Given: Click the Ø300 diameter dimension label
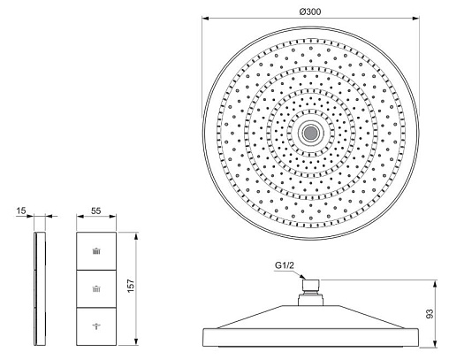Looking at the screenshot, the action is [x=310, y=12].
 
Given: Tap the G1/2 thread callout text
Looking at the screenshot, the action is [x=285, y=265].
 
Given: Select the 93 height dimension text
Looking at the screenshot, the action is [x=430, y=313].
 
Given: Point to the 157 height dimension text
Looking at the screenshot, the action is [x=131, y=286].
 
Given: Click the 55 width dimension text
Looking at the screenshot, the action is [x=95, y=211].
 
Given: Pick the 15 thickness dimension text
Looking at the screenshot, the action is [x=21, y=211].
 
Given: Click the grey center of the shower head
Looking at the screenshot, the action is [x=310, y=133].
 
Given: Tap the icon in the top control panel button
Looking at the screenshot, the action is [x=96, y=251].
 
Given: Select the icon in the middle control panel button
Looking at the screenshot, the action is [x=96, y=288].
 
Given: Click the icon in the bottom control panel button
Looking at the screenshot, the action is [x=96, y=326].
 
